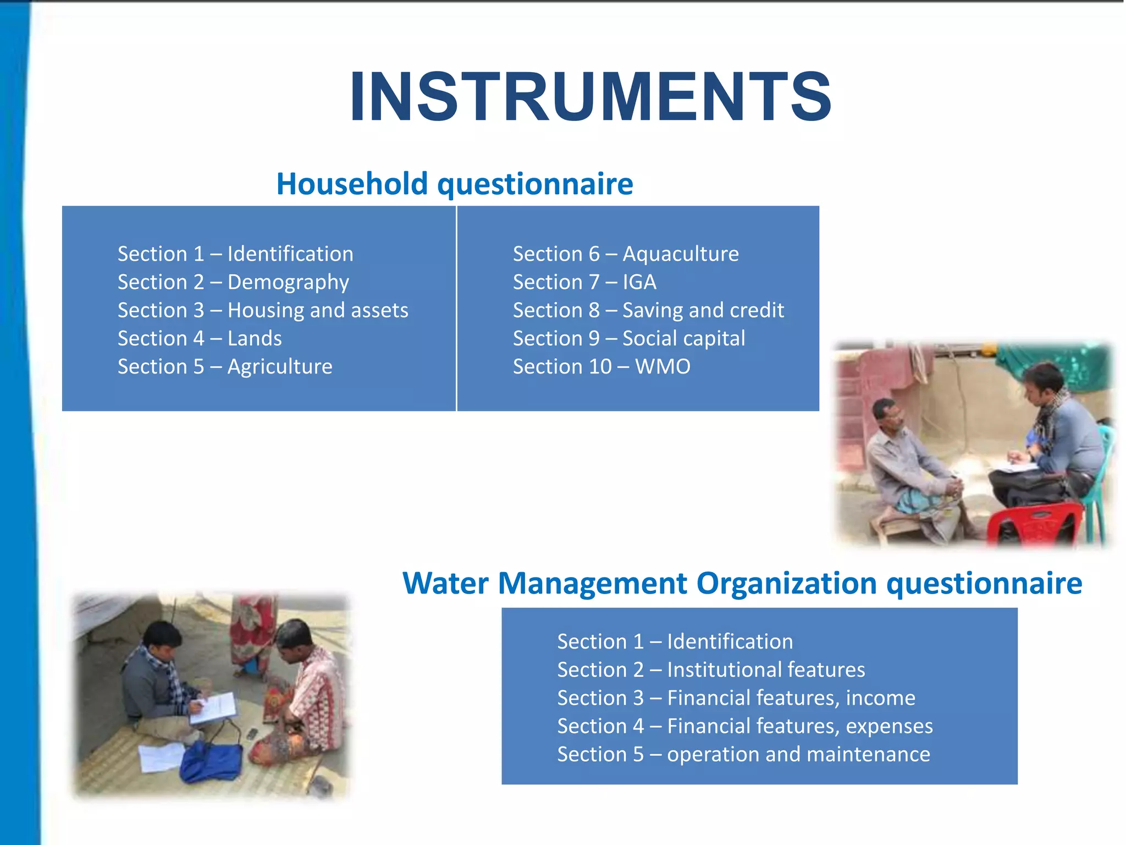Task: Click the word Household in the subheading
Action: click(x=352, y=184)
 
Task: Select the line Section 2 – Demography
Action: click(x=233, y=282)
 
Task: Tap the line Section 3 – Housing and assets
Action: click(x=263, y=310)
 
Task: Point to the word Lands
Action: click(x=255, y=338)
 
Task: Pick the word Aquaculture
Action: click(x=681, y=254)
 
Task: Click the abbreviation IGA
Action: click(x=639, y=282)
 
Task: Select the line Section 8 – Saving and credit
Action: click(x=648, y=310)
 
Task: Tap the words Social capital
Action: click(x=683, y=338)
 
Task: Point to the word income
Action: click(x=880, y=698)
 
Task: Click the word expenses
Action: click(x=889, y=726)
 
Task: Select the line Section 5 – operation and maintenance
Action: click(x=743, y=754)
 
